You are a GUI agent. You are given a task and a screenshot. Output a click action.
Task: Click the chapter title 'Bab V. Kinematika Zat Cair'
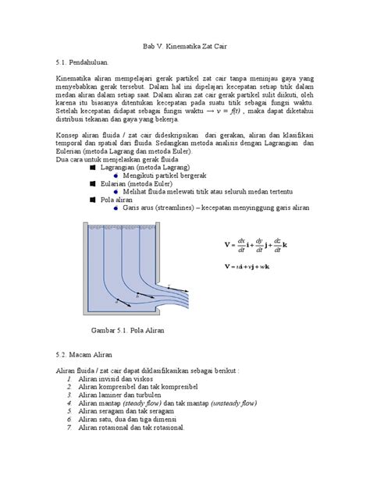click(x=184, y=46)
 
